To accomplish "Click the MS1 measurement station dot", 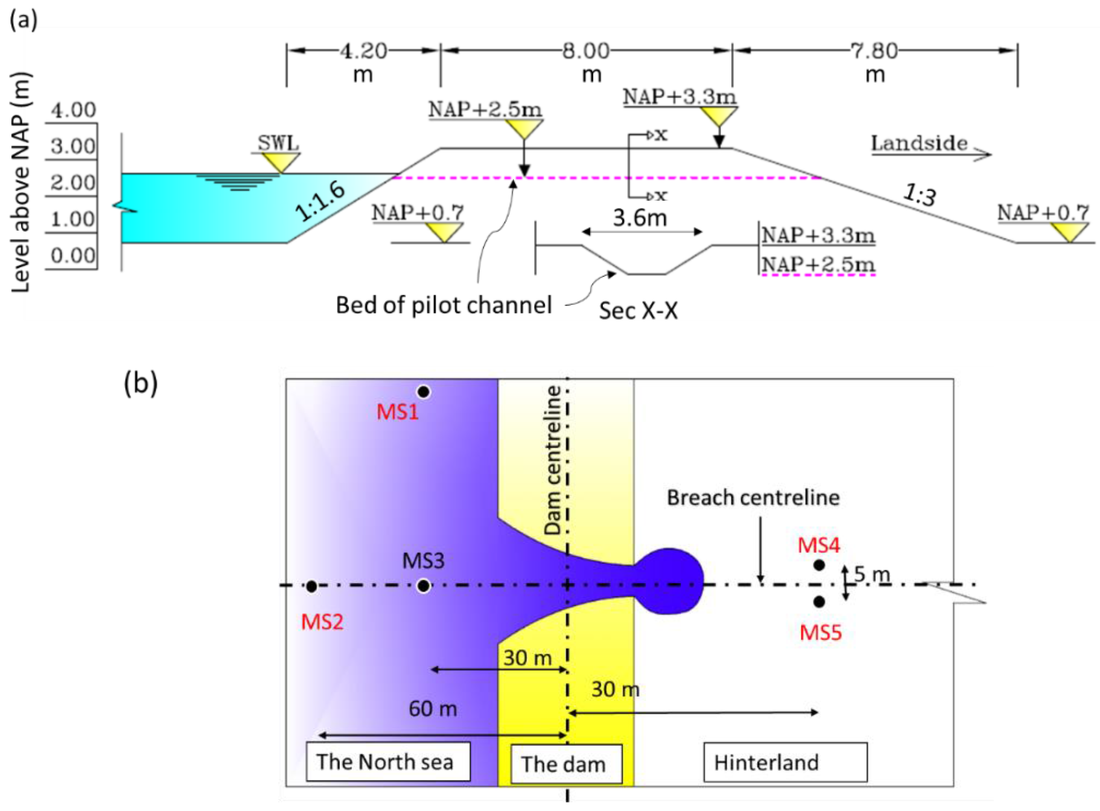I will (x=423, y=392).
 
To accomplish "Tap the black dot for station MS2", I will (x=312, y=586).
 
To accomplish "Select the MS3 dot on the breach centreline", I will (x=423, y=586).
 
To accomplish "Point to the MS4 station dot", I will (x=819, y=565).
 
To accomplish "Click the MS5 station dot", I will (x=819, y=602).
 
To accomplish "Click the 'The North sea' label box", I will (x=388, y=761).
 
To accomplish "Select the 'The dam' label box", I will (x=566, y=764).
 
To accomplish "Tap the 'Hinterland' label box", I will (x=785, y=763).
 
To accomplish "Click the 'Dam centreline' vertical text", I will (x=553, y=460).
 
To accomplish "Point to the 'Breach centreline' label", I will (x=753, y=498).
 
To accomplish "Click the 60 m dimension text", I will (x=432, y=708).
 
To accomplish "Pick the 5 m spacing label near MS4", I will (x=872, y=574).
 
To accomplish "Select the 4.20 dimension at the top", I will (x=364, y=50).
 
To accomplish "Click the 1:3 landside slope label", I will (x=919, y=196).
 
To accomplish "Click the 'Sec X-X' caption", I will (x=638, y=310).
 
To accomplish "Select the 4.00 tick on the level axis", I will (x=73, y=110).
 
